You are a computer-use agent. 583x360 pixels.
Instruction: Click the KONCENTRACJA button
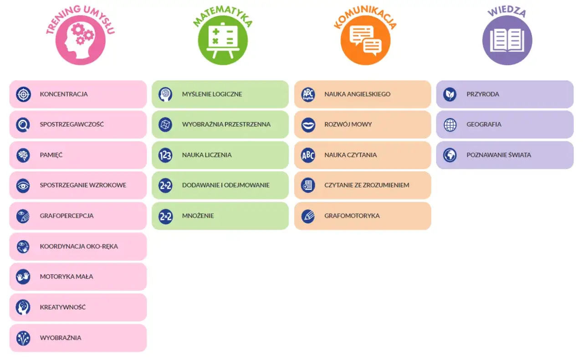click(78, 94)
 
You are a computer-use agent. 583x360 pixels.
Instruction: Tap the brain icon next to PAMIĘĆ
click(23, 155)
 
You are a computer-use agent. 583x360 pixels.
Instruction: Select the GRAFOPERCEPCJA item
click(78, 216)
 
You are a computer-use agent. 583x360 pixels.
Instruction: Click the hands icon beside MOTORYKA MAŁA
click(23, 277)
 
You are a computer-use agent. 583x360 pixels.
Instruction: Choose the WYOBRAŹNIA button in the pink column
click(78, 338)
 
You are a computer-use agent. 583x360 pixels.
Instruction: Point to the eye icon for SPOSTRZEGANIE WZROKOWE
click(23, 185)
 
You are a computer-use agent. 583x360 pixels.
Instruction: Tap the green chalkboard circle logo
click(222, 40)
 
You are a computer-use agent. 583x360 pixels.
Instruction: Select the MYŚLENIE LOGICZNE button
click(220, 94)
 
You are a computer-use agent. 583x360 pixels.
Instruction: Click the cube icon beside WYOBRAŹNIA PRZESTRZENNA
click(165, 124)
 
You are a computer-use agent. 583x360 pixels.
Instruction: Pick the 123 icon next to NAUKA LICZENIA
click(165, 155)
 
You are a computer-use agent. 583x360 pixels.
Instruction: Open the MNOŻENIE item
click(220, 216)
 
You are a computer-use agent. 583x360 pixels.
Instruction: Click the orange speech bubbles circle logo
click(365, 40)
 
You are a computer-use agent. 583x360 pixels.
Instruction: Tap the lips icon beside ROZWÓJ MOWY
click(308, 124)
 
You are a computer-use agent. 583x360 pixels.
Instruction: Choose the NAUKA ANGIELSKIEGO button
click(363, 94)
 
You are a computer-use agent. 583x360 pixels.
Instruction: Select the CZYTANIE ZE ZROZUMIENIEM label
click(367, 185)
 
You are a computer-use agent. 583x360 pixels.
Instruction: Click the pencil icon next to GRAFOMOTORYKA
click(308, 216)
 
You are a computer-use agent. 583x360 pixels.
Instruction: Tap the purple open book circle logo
click(507, 40)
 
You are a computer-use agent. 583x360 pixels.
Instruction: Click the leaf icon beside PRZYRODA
click(450, 94)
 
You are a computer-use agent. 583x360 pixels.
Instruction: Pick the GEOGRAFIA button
click(505, 124)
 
